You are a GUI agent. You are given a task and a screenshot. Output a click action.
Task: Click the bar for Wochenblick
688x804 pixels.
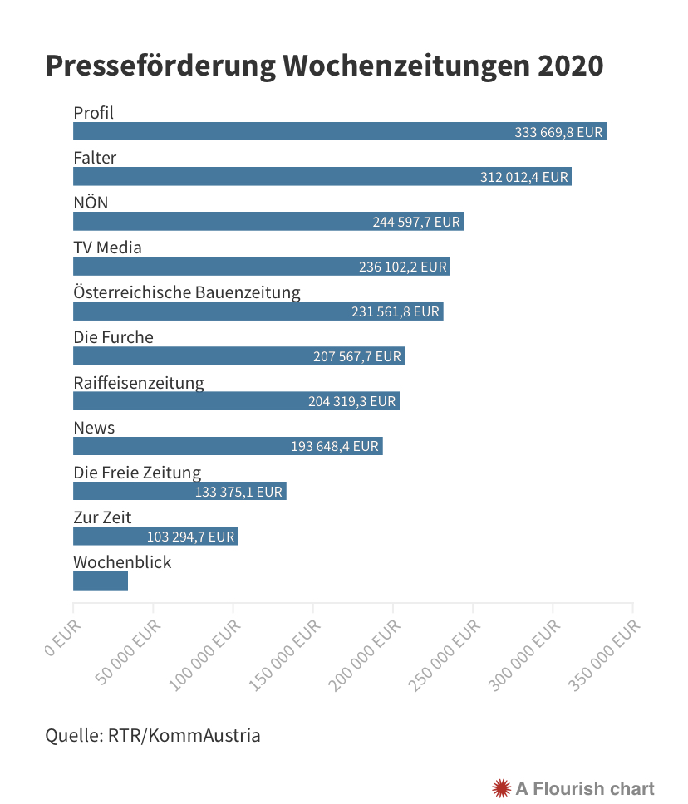pos(101,581)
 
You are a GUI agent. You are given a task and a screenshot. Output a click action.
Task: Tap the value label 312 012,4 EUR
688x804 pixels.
pos(524,177)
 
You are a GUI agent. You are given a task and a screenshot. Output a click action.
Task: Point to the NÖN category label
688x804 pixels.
pos(91,203)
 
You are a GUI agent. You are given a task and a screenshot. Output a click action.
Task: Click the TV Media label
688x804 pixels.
pos(107,248)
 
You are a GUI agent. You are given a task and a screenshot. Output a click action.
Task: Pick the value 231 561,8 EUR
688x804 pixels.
pos(396,312)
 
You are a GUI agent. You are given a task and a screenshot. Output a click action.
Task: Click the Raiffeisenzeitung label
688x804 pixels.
pos(139,383)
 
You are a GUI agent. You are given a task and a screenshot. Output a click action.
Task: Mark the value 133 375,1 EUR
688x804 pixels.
pos(239,492)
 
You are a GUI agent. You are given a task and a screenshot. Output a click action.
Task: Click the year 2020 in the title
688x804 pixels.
pos(570,66)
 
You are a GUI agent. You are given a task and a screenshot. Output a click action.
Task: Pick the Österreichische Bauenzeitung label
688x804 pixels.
pos(187,292)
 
